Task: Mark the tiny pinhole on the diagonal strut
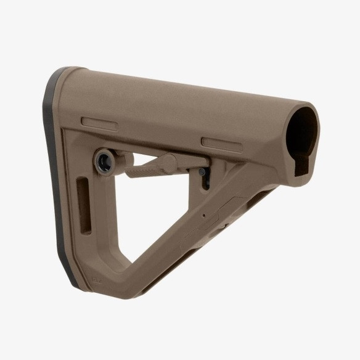coord(204,216)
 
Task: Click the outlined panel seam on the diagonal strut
coord(225,210)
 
